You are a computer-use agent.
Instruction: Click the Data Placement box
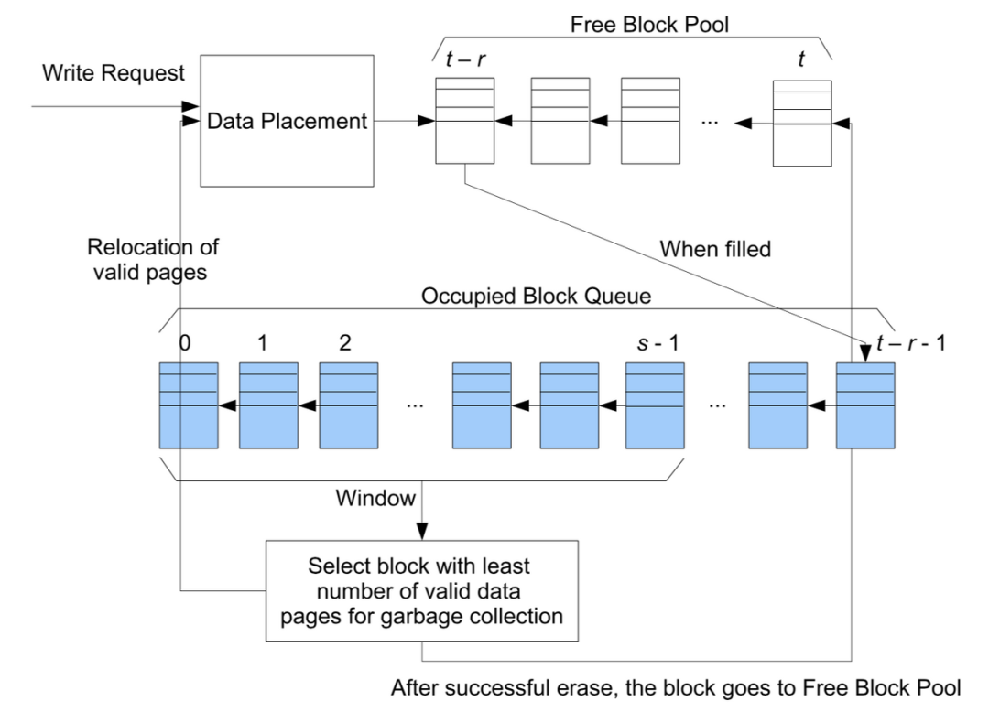(x=287, y=120)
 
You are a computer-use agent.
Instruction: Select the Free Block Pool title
(x=649, y=23)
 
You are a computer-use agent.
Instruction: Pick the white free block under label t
(x=802, y=124)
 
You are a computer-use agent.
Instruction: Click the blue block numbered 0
(x=189, y=405)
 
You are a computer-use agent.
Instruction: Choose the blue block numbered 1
(x=268, y=405)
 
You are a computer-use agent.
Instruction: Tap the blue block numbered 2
(x=348, y=405)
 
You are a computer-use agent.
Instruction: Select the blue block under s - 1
(x=654, y=405)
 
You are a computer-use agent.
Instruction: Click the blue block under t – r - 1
(x=864, y=405)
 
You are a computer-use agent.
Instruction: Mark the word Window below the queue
(x=375, y=499)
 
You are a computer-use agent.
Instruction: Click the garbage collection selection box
(x=422, y=590)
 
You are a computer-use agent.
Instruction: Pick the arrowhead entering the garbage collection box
(x=422, y=534)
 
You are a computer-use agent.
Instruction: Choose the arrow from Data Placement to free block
(x=403, y=121)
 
